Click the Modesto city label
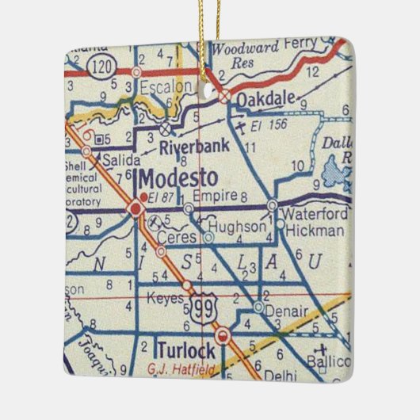[174, 176]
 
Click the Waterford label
[315, 214]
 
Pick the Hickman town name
[315, 230]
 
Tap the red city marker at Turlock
[223, 335]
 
